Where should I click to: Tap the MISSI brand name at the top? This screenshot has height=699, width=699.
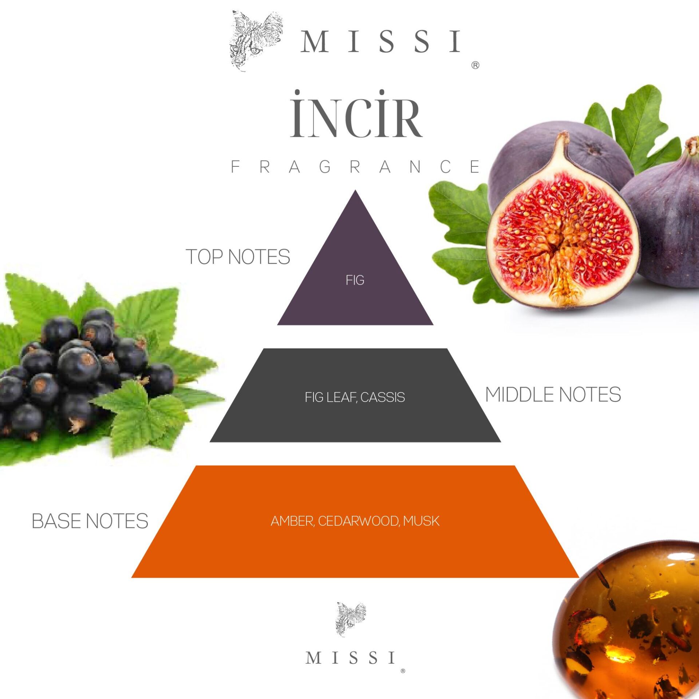[x=381, y=42]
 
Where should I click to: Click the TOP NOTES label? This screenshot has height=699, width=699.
[x=238, y=257]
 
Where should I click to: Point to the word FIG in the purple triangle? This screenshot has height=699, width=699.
[x=355, y=280]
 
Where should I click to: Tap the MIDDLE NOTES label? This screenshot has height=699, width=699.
[x=553, y=395]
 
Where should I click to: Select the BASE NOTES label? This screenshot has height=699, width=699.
[x=90, y=521]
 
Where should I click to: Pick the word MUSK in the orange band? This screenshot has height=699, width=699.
[x=421, y=521]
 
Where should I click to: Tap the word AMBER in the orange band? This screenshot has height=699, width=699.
[x=292, y=521]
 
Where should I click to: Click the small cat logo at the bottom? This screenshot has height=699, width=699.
[x=351, y=619]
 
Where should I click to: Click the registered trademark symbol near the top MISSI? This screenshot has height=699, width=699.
[x=475, y=66]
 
